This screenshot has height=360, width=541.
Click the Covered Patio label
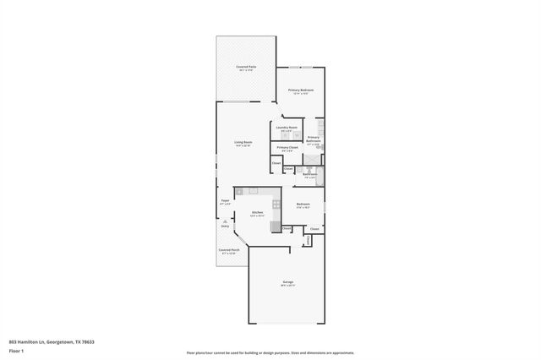point(247,67)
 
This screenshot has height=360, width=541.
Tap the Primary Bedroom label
point(301,90)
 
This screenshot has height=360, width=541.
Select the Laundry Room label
point(287,128)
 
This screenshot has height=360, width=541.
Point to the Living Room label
point(243,143)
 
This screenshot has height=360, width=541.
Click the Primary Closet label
point(287,148)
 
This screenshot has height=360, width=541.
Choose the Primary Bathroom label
point(313,139)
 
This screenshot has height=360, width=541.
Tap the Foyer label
point(225,200)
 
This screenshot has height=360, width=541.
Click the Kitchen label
point(256,212)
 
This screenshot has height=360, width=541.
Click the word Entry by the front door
point(226,226)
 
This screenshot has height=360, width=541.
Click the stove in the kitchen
point(276,204)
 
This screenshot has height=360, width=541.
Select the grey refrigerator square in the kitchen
point(276,226)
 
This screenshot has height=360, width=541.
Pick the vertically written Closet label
point(308,240)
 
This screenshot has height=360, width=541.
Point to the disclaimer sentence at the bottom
point(270,352)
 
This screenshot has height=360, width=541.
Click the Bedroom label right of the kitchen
point(303,204)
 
